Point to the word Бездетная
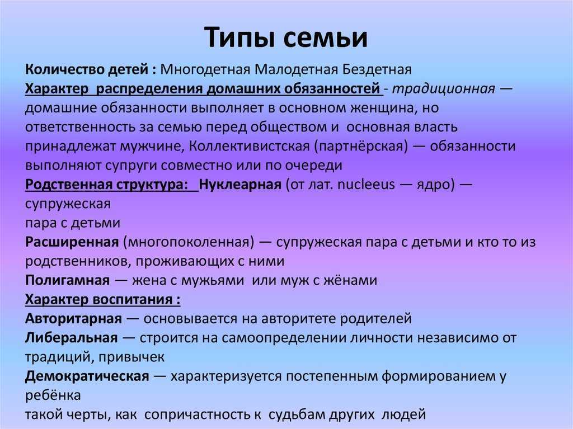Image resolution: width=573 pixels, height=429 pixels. (377, 69)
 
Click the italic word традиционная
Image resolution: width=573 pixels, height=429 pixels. (444, 89)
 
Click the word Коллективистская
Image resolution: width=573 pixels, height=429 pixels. (250, 147)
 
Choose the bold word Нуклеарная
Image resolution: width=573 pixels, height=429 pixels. (240, 185)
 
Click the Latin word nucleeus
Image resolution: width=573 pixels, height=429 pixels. (366, 185)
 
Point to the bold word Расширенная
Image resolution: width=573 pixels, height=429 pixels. (72, 242)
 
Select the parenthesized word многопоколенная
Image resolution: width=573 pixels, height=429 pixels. (189, 242)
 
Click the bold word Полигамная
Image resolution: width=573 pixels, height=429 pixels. (68, 280)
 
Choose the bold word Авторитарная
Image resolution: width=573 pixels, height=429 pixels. (73, 319)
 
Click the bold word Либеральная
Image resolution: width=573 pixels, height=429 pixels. (72, 338)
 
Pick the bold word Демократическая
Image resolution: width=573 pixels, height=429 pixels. (87, 376)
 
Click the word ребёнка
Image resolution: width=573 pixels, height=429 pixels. (53, 395)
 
